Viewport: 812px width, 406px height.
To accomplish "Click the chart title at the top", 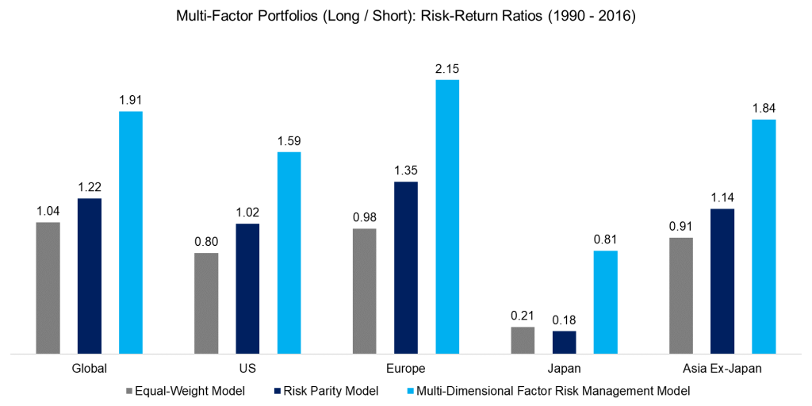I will (406, 16).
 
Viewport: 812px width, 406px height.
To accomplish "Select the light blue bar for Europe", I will (447, 216).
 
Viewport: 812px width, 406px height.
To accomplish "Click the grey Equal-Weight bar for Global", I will (48, 287).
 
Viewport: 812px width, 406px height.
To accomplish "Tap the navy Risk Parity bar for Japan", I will (564, 342).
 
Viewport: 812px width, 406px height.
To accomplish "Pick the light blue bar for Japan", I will (605, 301).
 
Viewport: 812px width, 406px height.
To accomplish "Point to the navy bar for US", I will (247, 288).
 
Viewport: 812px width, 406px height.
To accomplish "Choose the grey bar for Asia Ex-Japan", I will (681, 295).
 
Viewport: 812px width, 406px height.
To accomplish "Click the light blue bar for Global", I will (131, 232).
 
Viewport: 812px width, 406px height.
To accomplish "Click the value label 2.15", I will (447, 69).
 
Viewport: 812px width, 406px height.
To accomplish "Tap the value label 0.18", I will (564, 321).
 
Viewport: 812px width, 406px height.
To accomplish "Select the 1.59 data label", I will (289, 141).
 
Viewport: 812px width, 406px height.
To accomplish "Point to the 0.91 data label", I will (681, 227).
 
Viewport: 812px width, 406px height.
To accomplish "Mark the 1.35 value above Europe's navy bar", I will (405, 170).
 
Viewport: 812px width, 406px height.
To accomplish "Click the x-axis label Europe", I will (405, 368).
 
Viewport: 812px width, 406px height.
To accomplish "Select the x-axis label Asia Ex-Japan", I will (722, 368).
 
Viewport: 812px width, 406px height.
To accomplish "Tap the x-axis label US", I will (247, 368).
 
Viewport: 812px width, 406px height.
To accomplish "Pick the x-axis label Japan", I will (564, 368).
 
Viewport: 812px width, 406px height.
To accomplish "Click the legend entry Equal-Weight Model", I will (184, 391).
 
